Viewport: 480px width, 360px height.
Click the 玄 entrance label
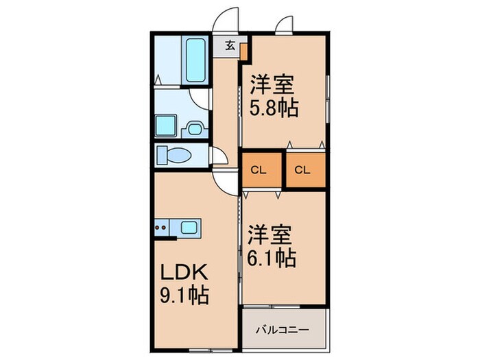(x=230, y=47)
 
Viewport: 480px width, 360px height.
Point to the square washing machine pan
(x=166, y=125)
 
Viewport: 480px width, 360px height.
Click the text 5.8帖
(x=274, y=108)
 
